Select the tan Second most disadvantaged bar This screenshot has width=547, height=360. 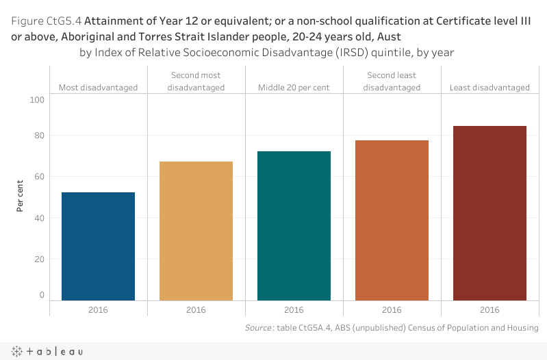[196, 231]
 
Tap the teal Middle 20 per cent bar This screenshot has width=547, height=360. [294, 226]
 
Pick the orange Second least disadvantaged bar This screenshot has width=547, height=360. [392, 220]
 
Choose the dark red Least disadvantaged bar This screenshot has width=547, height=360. [489, 213]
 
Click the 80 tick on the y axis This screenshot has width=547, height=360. [39, 136]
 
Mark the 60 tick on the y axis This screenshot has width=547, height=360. [39, 177]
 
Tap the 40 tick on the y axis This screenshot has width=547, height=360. [39, 218]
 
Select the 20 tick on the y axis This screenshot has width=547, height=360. [39, 259]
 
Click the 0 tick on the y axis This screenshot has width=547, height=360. [42, 296]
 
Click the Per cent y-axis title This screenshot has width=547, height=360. [21, 196]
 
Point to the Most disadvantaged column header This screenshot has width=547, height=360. [98, 88]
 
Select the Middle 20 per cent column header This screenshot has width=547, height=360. [294, 88]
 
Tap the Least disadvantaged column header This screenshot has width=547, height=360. [489, 88]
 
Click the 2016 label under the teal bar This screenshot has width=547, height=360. [294, 310]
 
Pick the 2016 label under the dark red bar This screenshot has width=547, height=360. [489, 310]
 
